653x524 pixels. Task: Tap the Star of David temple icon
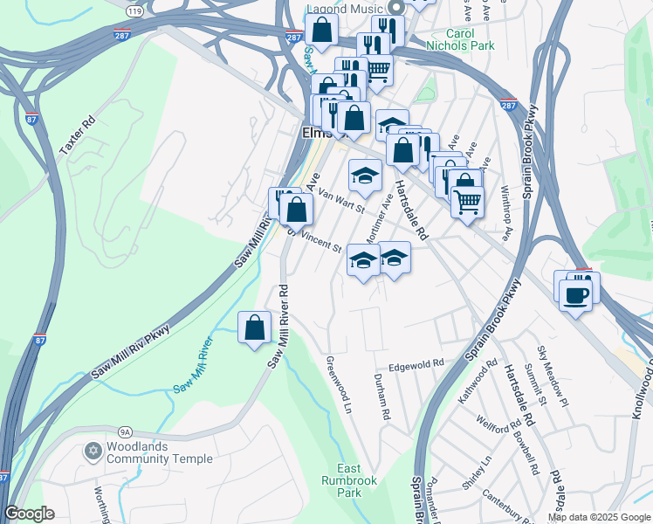click(x=93, y=452)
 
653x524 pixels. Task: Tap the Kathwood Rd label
click(x=478, y=380)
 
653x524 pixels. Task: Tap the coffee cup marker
click(x=575, y=296)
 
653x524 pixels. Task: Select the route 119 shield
click(x=134, y=10)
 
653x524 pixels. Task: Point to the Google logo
click(x=29, y=514)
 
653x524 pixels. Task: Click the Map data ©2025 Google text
click(x=598, y=517)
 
